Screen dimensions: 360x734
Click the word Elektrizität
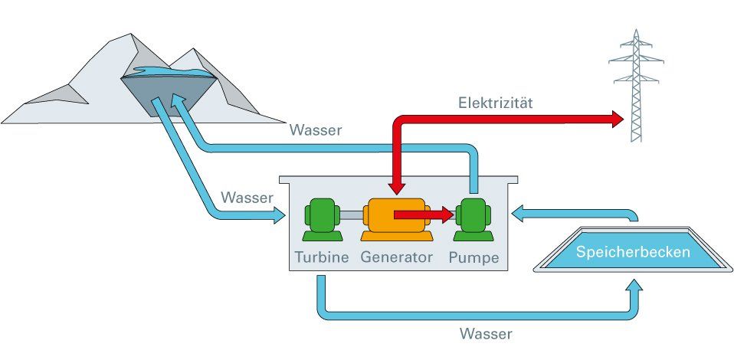pyautogui.click(x=495, y=102)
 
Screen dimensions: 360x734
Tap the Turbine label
pyautogui.click(x=323, y=257)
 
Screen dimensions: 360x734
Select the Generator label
pyautogui.click(x=397, y=257)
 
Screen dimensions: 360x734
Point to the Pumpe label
pyautogui.click(x=473, y=257)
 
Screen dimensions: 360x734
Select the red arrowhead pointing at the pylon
pyautogui.click(x=617, y=119)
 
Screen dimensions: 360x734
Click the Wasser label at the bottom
pyautogui.click(x=486, y=334)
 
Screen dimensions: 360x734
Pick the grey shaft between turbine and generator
pyautogui.click(x=351, y=216)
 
